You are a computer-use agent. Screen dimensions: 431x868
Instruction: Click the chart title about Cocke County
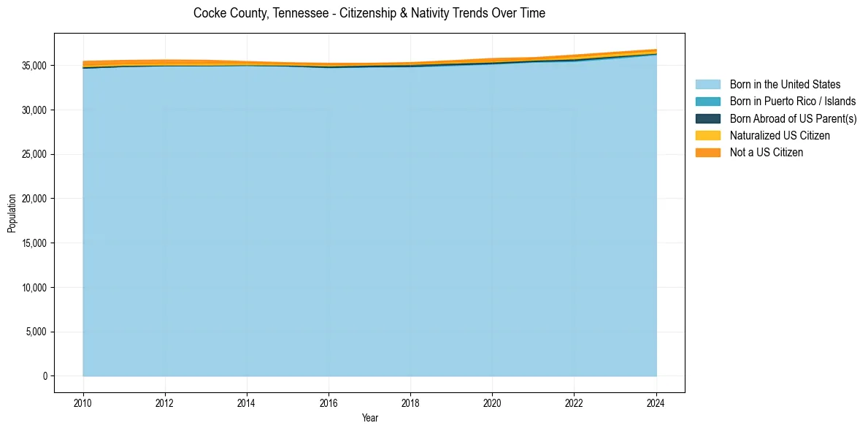coord(369,13)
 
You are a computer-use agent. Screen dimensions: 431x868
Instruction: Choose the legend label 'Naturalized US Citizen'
coord(780,136)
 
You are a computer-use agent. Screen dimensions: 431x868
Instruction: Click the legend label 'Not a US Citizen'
coord(767,153)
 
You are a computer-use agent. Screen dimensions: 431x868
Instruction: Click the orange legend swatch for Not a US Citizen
coord(707,153)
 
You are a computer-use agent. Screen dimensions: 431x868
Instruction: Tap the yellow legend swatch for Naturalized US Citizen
coord(707,136)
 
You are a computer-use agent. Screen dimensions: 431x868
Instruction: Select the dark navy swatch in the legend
coord(707,118)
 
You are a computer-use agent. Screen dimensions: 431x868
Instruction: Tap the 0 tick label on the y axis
coord(45,376)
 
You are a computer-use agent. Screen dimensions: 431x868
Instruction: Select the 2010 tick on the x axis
coord(83,402)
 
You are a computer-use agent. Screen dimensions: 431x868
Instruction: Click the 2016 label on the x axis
coord(329,402)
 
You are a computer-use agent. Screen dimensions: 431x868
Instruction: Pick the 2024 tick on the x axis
coord(656,402)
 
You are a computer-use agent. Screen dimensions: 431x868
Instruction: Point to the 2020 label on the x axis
coord(493,402)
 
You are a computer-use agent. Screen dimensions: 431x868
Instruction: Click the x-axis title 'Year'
coord(370,418)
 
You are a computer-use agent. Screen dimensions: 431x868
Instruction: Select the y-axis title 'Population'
coord(12,213)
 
